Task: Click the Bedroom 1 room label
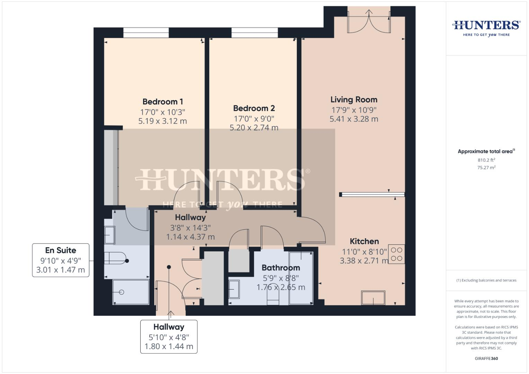(x=162, y=102)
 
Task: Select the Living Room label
(x=354, y=100)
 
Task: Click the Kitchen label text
(x=364, y=241)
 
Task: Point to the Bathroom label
(x=281, y=268)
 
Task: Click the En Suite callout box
(x=61, y=260)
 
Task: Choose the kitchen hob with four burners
(x=396, y=254)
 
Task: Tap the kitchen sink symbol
(x=373, y=298)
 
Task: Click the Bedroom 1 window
(x=146, y=33)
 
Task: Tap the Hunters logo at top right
(x=486, y=28)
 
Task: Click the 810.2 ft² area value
(x=486, y=160)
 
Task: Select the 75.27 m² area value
(x=486, y=168)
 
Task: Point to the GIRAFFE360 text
(x=486, y=358)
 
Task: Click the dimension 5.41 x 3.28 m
(x=354, y=119)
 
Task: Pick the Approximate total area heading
(x=486, y=151)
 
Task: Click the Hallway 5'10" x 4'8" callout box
(x=169, y=337)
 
